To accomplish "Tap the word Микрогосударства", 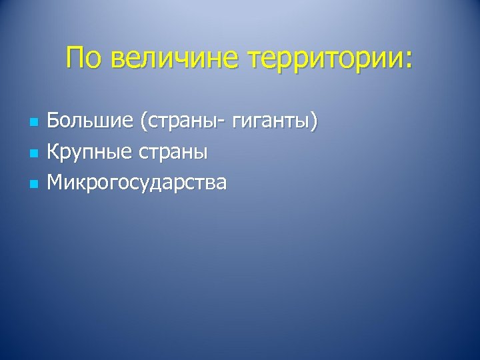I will point(137,183).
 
